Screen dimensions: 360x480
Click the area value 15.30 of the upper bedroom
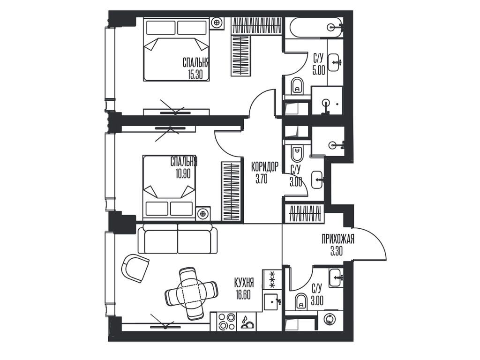(x=195, y=75)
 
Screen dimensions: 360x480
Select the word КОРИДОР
(x=264, y=166)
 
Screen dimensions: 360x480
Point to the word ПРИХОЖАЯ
(x=337, y=240)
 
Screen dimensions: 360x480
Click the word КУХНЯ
(x=244, y=283)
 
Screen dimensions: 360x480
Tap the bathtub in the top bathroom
(x=315, y=28)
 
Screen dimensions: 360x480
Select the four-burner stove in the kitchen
(x=227, y=322)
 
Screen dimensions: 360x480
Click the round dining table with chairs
(x=191, y=293)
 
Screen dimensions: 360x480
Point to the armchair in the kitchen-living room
(x=135, y=268)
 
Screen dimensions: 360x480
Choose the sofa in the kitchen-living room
(x=178, y=239)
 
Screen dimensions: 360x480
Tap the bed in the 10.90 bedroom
(x=169, y=187)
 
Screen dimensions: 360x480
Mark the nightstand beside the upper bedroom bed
(x=217, y=22)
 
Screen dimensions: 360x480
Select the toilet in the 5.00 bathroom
(x=298, y=86)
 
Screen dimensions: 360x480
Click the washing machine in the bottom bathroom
(x=331, y=320)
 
